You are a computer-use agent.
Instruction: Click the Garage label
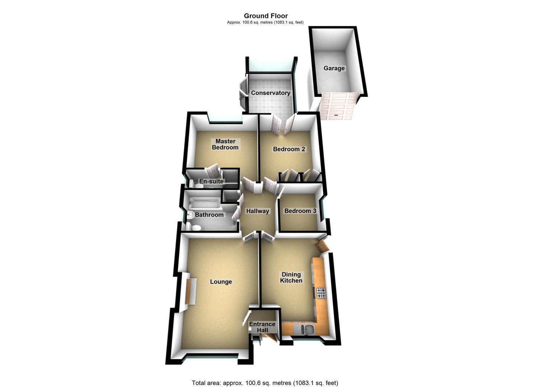[334, 68]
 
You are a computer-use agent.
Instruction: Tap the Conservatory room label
[270, 93]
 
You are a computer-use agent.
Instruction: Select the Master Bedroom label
[225, 144]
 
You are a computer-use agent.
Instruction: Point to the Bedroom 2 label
[289, 149]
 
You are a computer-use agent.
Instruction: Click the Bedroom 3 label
[300, 211]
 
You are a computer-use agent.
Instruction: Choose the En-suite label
[211, 181]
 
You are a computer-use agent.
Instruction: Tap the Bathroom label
[209, 215]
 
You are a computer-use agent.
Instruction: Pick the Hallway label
[257, 211]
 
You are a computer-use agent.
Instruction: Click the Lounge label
[221, 282]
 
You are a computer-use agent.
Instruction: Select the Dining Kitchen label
[291, 278]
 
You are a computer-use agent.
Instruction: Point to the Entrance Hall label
[262, 327]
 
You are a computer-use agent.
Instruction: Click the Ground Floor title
[266, 16]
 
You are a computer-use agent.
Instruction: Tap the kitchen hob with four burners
[321, 293]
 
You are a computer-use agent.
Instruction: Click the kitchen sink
[304, 329]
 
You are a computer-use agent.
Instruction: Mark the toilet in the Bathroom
[194, 227]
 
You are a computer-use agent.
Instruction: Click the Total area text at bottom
[265, 383]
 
